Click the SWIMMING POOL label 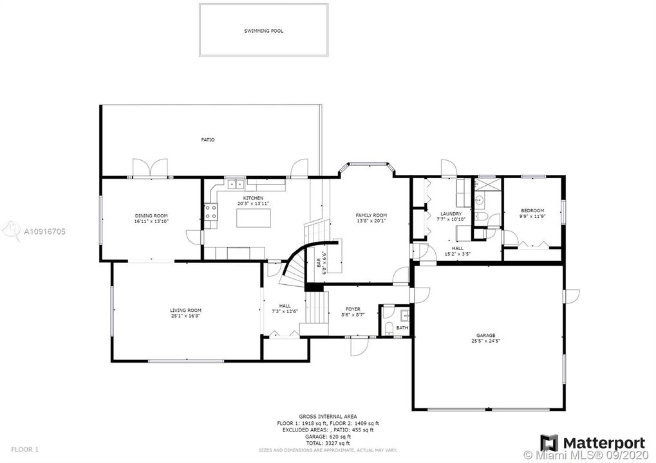click(x=263, y=30)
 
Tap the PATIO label click(x=207, y=140)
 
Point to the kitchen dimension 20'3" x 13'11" click(x=252, y=203)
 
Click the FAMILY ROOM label click(x=371, y=215)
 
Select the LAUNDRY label click(x=451, y=213)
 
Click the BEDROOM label click(x=532, y=210)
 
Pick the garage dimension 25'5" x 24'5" click(x=485, y=341)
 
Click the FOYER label click(x=353, y=309)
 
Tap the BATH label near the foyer click(x=402, y=328)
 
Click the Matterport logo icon click(x=549, y=443)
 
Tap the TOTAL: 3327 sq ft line click(x=328, y=443)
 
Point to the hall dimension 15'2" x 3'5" click(x=457, y=254)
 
